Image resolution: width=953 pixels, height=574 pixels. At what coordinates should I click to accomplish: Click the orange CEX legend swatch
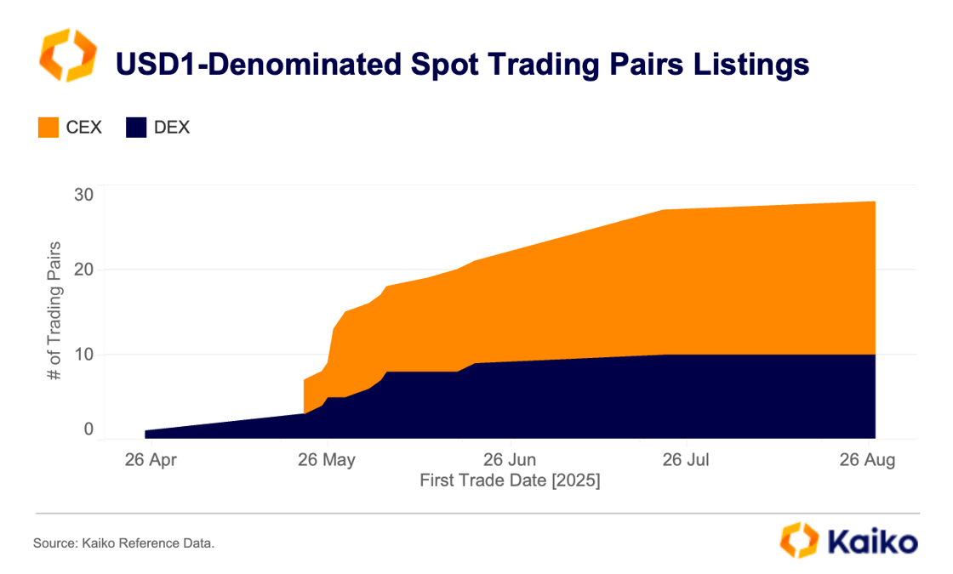pos(49,128)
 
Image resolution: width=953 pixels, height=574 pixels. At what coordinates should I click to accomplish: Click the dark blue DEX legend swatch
pos(137,128)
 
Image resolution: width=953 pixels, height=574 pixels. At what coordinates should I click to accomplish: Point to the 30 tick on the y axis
pos(83,195)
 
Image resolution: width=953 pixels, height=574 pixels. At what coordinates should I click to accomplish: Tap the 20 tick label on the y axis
pos(83,270)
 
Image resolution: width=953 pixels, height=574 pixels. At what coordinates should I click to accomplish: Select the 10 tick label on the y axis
pos(83,354)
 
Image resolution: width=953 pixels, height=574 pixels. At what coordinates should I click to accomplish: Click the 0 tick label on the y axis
pos(88,429)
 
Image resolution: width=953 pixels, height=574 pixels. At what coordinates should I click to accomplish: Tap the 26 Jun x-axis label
pos(509,461)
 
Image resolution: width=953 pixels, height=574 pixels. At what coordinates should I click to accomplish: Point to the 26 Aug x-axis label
pos(867,461)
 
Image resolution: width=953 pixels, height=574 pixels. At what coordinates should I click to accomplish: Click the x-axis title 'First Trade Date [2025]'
pos(510,481)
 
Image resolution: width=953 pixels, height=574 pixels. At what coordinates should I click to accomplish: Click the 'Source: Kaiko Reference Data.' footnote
pos(124,543)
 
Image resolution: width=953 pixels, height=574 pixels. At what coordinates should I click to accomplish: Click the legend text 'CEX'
pos(83,128)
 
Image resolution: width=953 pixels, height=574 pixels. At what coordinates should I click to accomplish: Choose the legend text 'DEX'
pos(172,128)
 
